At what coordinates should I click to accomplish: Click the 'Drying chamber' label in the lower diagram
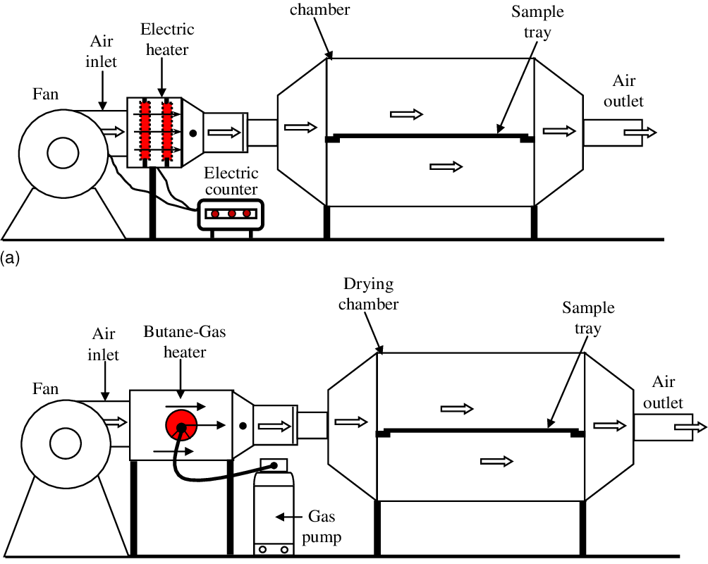click(x=370, y=294)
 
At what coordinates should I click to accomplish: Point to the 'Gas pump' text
click(x=324, y=527)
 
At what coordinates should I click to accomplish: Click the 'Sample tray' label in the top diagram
click(x=538, y=23)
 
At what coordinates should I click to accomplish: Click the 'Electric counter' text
click(x=231, y=181)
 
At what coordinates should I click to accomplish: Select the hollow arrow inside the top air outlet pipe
click(x=643, y=133)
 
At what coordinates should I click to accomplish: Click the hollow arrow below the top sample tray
click(x=446, y=166)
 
